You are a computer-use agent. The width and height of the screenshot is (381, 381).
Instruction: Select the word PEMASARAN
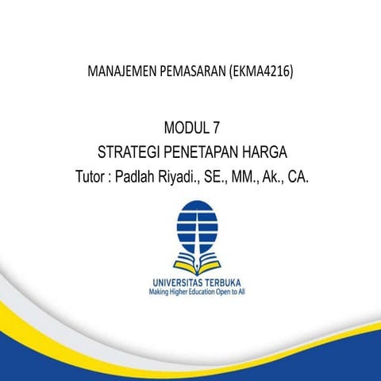(x=192, y=73)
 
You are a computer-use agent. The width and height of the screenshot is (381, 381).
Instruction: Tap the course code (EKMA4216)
(x=260, y=73)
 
